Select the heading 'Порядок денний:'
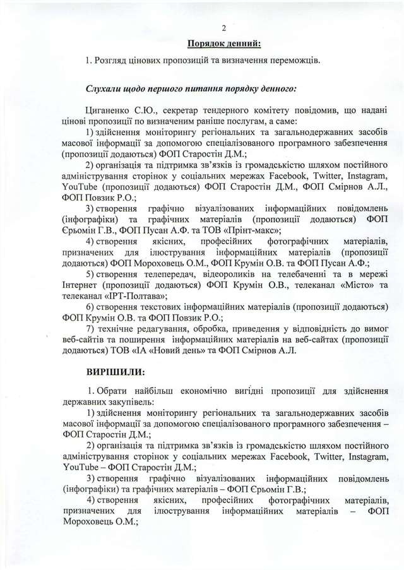pyautogui.click(x=223, y=43)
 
